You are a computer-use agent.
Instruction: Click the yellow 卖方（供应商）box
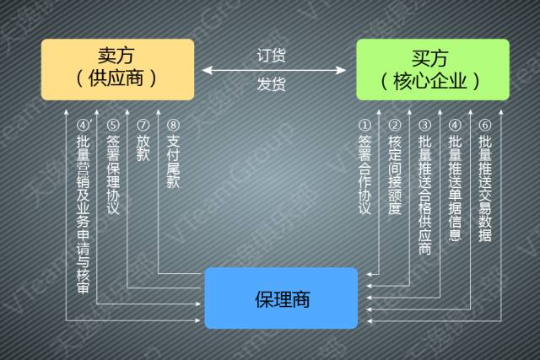click(x=117, y=69)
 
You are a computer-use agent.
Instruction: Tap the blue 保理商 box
click(x=282, y=297)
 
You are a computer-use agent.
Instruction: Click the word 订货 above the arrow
click(x=272, y=56)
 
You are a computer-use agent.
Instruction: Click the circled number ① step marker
click(x=364, y=126)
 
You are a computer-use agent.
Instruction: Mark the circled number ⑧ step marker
click(x=173, y=126)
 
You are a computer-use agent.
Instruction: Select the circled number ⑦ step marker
click(x=143, y=126)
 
